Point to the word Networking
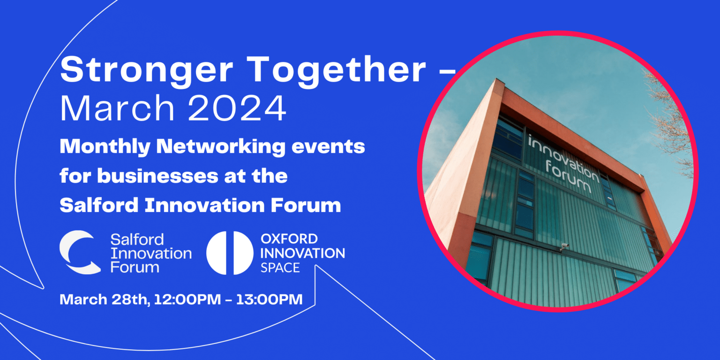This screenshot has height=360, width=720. coord(220,147)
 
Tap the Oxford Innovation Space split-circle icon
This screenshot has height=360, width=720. coord(230,253)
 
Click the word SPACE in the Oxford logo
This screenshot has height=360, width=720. coord(280,268)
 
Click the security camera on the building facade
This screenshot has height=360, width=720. coord(564,246)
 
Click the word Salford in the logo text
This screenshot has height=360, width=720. coord(130,240)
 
